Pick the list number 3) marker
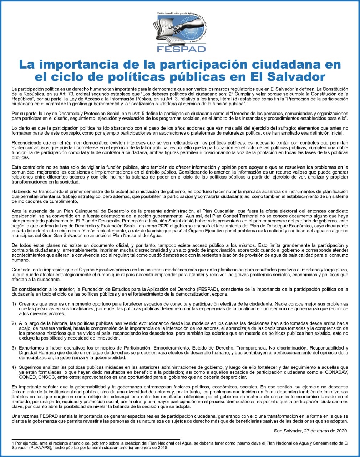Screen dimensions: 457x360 [x=14, y=348]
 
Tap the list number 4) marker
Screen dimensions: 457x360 [x=14, y=367]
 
